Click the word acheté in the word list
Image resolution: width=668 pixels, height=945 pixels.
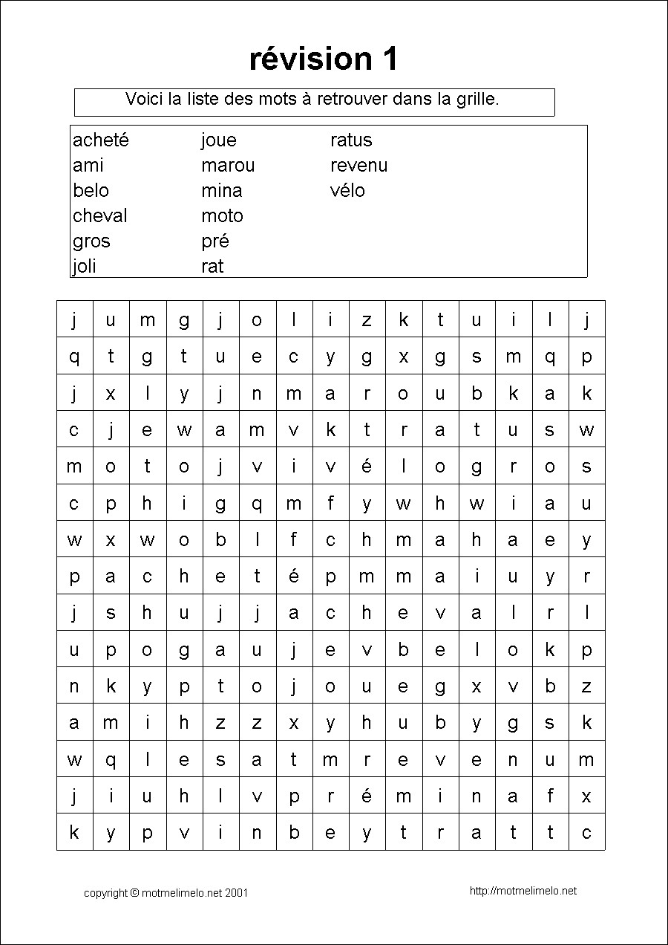click(x=101, y=140)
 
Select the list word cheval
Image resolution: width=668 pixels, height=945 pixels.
click(x=100, y=216)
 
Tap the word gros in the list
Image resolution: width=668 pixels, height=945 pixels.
click(x=91, y=241)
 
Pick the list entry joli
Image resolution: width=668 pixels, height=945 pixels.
click(x=85, y=267)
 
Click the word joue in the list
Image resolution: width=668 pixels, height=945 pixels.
click(x=218, y=140)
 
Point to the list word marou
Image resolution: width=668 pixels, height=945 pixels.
click(x=228, y=166)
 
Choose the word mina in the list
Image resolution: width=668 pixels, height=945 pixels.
click(x=221, y=191)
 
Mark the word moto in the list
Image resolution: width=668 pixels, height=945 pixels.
click(x=222, y=216)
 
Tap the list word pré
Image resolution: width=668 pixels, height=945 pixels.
click(x=215, y=241)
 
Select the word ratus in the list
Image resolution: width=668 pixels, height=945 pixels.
click(x=351, y=140)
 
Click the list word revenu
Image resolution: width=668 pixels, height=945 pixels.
click(x=359, y=166)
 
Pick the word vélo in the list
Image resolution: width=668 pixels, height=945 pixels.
click(x=347, y=191)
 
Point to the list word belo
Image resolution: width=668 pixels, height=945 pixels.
click(x=91, y=191)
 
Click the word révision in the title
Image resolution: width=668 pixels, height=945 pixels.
click(x=310, y=59)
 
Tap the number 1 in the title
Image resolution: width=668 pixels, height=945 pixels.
click(x=390, y=59)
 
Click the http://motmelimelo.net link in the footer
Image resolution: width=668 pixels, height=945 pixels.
click(x=523, y=891)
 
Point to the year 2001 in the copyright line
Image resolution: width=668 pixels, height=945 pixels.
click(x=236, y=892)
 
